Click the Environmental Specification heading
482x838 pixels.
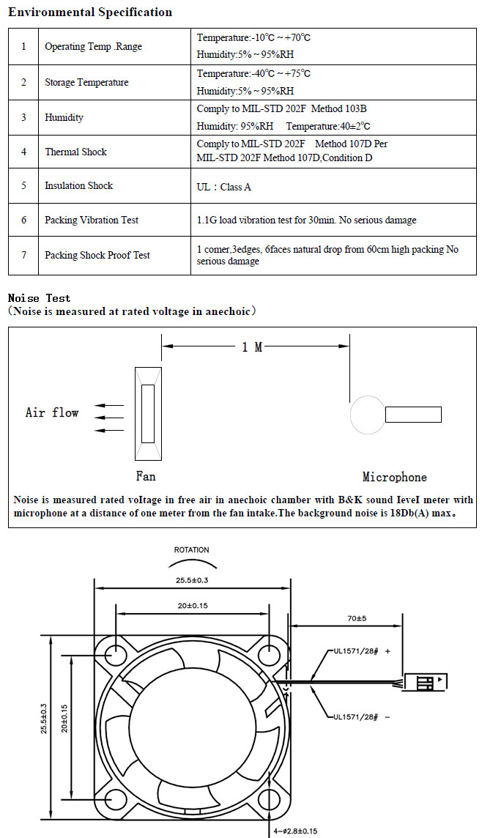coord(90,12)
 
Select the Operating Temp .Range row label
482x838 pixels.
coord(94,46)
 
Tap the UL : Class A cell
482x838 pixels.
coord(224,187)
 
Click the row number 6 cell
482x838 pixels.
coord(23,220)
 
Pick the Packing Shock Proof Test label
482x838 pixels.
coord(97,255)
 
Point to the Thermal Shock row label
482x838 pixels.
coord(76,152)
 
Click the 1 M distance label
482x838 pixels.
coord(252,347)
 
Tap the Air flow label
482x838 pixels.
coord(52,412)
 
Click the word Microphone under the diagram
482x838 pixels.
coord(394,477)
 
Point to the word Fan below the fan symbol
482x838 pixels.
coord(146,475)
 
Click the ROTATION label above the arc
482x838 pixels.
coord(192,550)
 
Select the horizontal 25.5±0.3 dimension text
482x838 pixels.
coord(193,580)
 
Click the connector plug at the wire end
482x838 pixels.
coord(426,682)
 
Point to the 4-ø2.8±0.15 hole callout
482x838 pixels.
coord(295,831)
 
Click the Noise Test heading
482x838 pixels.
coord(39,298)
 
